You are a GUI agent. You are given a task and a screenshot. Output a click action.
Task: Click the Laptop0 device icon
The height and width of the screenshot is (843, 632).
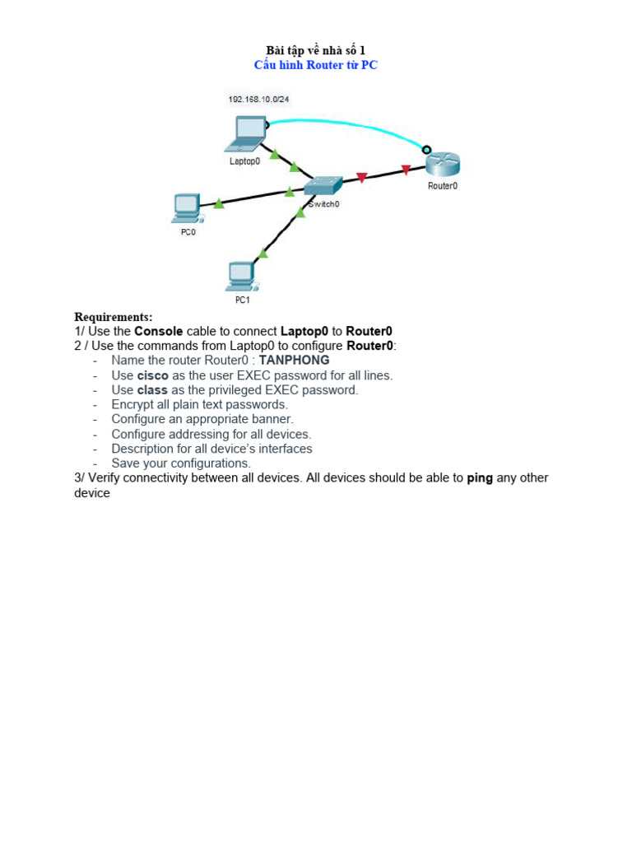point(248,134)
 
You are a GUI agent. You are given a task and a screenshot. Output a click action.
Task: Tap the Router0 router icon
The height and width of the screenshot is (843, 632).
point(443,164)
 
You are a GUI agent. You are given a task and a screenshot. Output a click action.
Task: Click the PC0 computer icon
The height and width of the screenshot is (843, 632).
point(187,208)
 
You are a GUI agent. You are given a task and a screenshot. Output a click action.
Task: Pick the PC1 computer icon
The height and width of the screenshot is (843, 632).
point(240,276)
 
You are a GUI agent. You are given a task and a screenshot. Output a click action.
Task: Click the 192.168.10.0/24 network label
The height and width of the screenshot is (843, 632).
point(258,100)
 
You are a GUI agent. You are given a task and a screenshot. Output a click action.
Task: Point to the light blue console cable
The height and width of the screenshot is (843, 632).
point(346,123)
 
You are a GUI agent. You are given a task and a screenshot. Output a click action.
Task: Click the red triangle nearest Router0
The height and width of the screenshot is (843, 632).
point(406,170)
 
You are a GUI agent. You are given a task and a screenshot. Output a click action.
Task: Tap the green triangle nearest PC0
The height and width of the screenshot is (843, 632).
point(219,203)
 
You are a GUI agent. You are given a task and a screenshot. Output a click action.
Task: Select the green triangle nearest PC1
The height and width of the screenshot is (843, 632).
point(263,253)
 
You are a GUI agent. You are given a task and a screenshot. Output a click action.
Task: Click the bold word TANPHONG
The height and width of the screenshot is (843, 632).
point(294,360)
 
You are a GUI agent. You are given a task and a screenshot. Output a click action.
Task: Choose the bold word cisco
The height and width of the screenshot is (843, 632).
point(152,375)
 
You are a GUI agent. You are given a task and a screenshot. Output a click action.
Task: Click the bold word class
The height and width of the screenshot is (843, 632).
point(152,389)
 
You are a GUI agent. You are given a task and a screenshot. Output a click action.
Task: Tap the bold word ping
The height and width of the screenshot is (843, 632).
point(480,477)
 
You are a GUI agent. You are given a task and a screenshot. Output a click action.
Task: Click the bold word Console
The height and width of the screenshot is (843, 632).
point(159,331)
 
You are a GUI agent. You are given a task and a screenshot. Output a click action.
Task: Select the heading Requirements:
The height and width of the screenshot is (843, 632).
point(114,317)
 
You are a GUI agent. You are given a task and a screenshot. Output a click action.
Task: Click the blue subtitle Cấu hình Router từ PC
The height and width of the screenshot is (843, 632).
point(315,65)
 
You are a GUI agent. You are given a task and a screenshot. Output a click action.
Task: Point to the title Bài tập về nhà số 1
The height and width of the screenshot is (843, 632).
point(315,51)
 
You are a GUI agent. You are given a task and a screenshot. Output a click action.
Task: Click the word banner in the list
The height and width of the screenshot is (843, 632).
point(272,419)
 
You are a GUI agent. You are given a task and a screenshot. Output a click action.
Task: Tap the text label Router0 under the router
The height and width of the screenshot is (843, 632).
point(443,186)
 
